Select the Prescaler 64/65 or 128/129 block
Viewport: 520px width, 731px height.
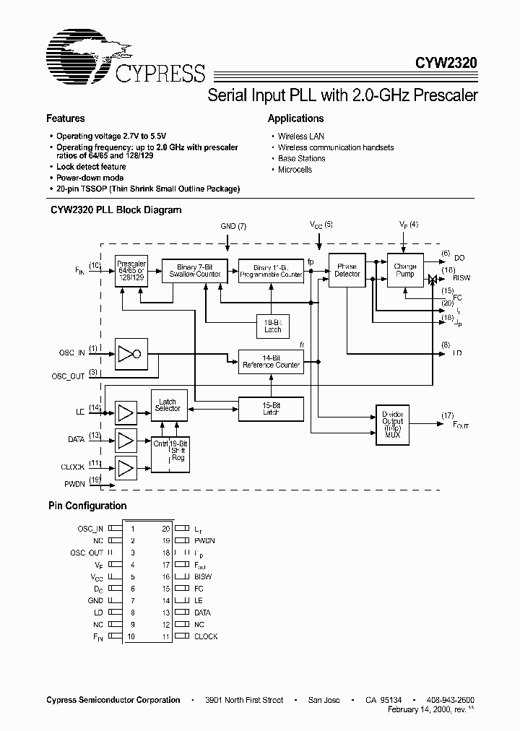pos(130,271)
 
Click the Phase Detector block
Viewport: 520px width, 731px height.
pos(347,271)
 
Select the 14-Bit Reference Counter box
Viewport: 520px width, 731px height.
pos(271,361)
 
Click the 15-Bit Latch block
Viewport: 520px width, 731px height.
pos(271,410)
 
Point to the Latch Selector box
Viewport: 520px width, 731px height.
pos(168,406)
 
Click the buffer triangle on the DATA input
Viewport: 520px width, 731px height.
pos(126,439)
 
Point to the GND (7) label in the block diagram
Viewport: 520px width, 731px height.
pos(233,226)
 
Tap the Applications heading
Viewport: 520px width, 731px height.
pos(295,118)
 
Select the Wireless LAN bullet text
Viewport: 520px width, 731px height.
pos(301,137)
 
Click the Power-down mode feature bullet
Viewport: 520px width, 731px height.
pos(90,178)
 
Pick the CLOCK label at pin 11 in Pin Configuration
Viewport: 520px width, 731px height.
pos(206,636)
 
